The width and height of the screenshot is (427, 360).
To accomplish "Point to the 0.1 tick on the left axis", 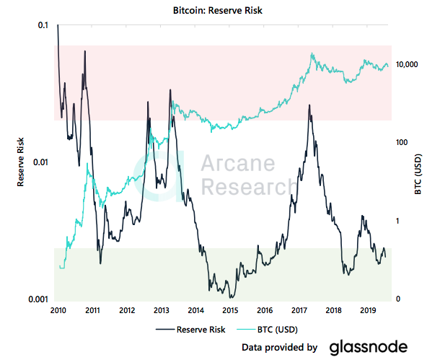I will pyautogui.click(x=43, y=25).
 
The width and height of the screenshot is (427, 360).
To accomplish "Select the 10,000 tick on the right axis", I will pyautogui.click(x=408, y=65).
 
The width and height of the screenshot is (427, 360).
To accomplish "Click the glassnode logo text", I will pyautogui.click(x=369, y=347).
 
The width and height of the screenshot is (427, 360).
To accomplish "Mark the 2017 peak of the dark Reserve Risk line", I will pyautogui.click(x=309, y=105).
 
